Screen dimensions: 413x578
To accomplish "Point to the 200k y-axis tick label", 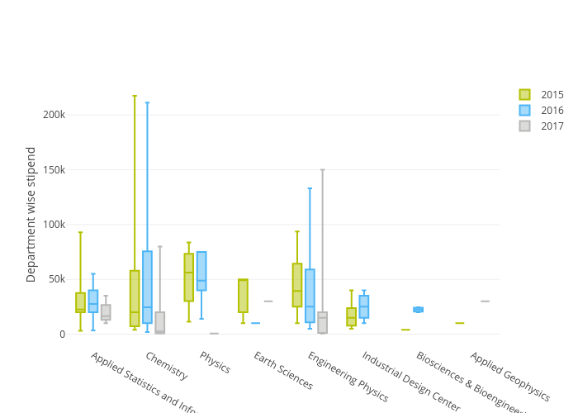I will pos(54,115).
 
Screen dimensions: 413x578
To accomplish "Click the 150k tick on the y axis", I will pos(54,170).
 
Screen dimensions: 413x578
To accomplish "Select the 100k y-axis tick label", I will pos(54,225).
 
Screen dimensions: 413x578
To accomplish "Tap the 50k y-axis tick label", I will pos(56,279).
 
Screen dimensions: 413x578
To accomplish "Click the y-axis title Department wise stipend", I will pos(31,215).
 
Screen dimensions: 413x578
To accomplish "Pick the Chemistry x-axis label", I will pos(166,366).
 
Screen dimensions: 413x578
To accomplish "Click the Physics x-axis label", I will pos(215,363).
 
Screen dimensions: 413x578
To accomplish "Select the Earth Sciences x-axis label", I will pos(282,371).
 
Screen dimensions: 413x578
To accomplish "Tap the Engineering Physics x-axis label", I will pos(347,377).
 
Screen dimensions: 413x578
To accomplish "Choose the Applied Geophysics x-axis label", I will pos(509,377).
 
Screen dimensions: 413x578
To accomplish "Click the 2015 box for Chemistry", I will pos(135,298).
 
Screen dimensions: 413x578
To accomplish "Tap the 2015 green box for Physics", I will pos(189,278).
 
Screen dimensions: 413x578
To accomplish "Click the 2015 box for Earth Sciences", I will pos(243,296).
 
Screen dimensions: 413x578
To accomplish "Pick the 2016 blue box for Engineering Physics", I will pos(310,296).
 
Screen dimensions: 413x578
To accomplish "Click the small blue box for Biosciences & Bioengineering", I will pos(418,310).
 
